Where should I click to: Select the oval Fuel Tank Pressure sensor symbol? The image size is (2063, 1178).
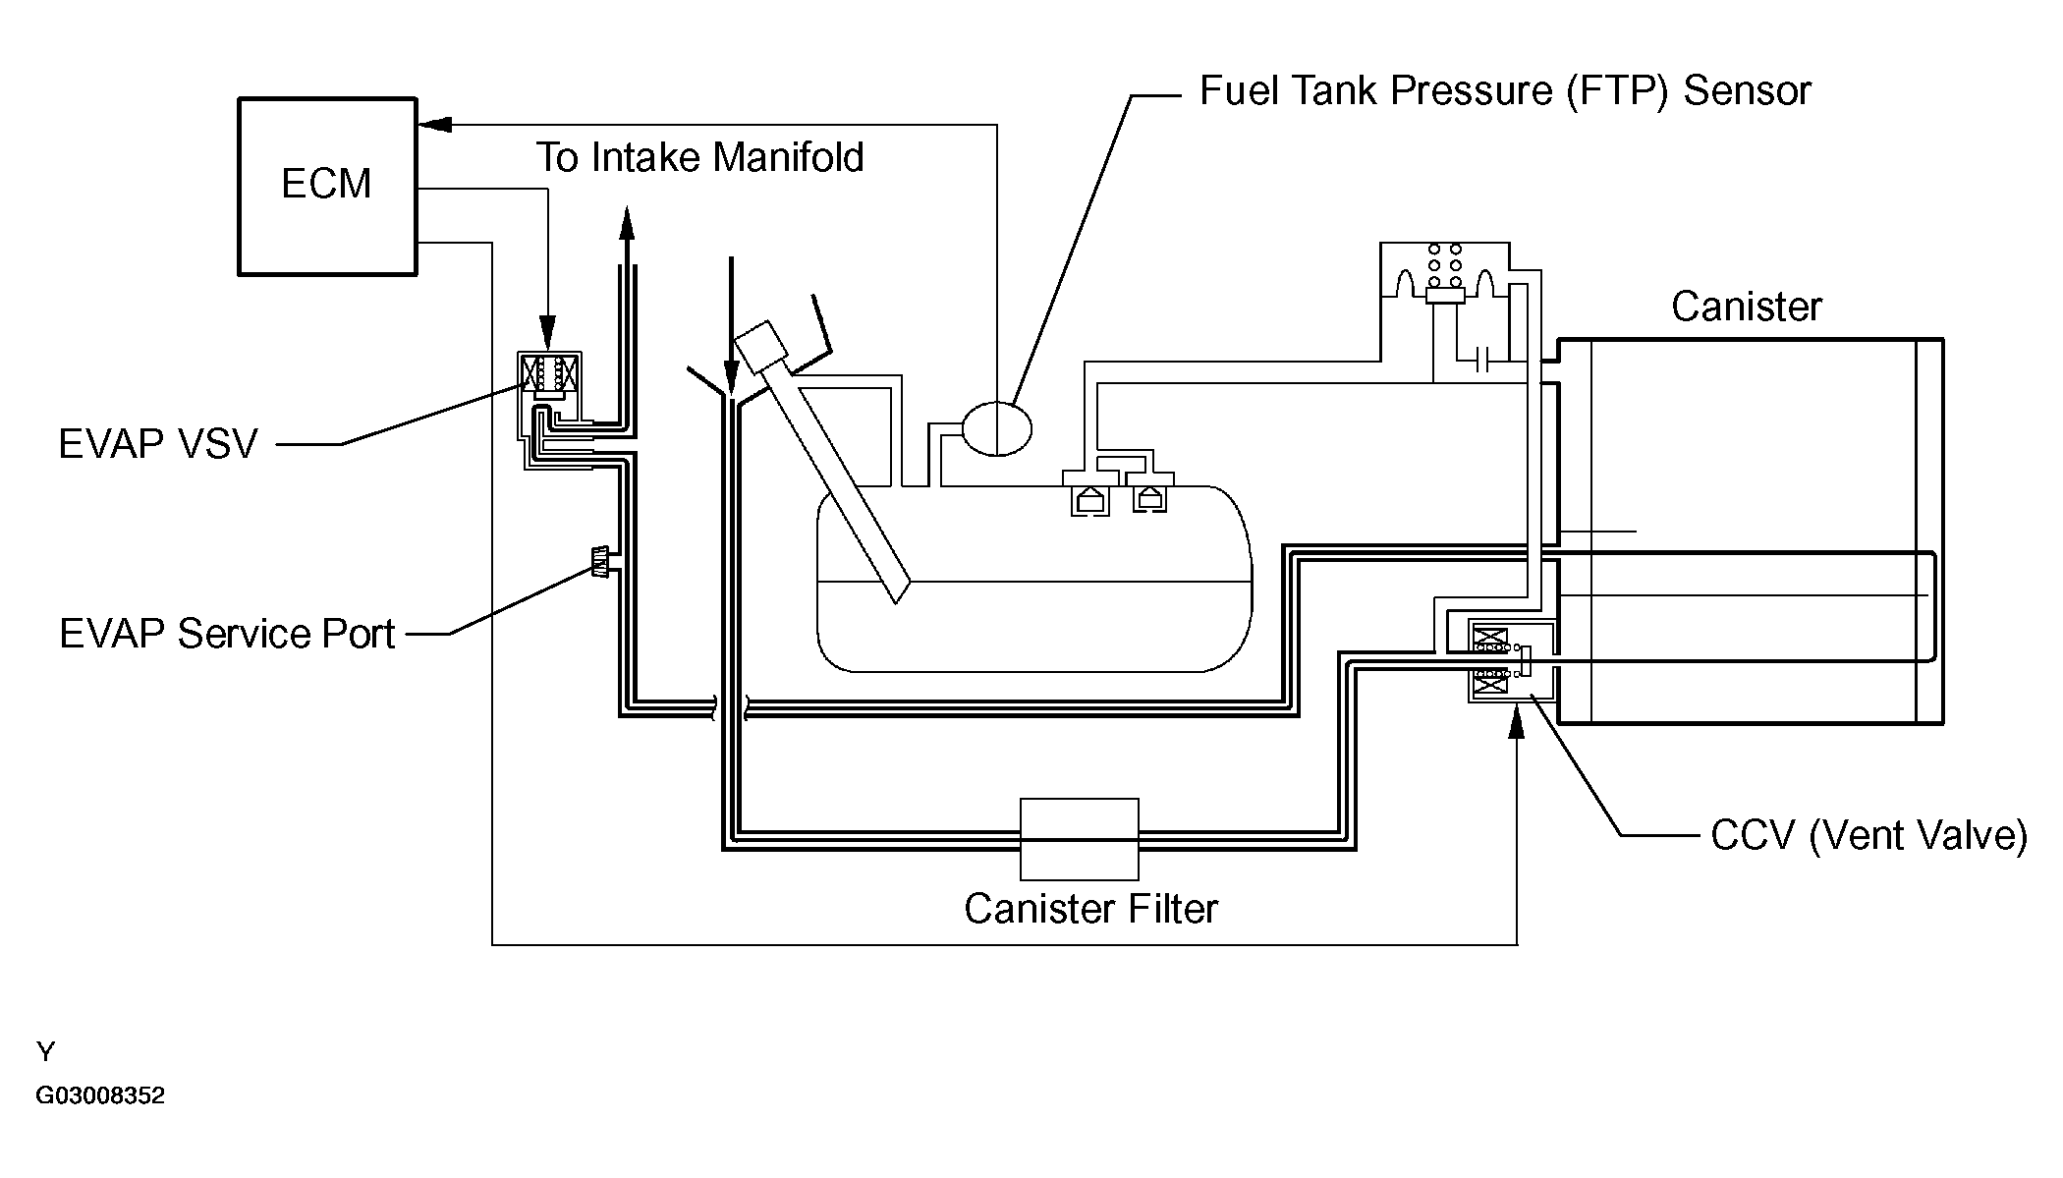click(x=997, y=428)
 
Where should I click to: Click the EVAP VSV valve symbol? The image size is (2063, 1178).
click(x=549, y=374)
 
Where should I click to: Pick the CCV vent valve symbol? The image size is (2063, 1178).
click(x=1511, y=661)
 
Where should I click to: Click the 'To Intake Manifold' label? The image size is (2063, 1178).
click(x=699, y=157)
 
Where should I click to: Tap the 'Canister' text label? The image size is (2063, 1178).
click(x=1746, y=307)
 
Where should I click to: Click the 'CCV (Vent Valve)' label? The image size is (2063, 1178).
click(x=1868, y=836)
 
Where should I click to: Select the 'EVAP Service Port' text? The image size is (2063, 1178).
click(x=227, y=634)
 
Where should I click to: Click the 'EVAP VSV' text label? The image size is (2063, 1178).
click(x=158, y=444)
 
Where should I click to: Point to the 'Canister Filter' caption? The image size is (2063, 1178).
click(x=1090, y=909)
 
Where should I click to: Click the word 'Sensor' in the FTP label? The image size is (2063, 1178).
click(x=1747, y=90)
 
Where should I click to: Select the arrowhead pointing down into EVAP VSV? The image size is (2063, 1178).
click(x=547, y=331)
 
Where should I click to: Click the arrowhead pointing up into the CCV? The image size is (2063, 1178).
click(x=1517, y=722)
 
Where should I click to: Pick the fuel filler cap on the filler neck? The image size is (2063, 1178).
click(x=762, y=348)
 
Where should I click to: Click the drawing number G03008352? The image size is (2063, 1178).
click(x=100, y=1095)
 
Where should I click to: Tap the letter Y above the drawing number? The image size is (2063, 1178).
click(x=45, y=1052)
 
